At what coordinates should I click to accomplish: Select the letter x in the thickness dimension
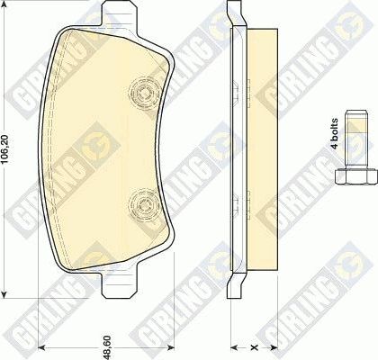[x=254, y=346]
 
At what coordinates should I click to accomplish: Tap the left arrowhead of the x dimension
[x=233, y=346]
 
